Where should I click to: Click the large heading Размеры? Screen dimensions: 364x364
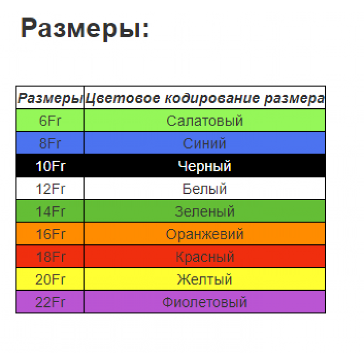click(x=85, y=28)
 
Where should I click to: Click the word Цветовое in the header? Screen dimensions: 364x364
click(x=122, y=98)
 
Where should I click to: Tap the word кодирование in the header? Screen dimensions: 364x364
click(x=212, y=98)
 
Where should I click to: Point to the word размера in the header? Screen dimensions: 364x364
click(x=294, y=98)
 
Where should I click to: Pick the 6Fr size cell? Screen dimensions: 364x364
click(x=50, y=121)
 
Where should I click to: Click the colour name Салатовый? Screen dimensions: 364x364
click(x=204, y=121)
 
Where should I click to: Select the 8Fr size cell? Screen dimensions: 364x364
click(x=50, y=143)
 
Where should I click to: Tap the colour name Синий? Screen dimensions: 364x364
click(x=204, y=143)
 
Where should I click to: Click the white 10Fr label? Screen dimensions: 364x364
click(x=51, y=166)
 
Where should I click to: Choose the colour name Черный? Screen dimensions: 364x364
click(x=204, y=167)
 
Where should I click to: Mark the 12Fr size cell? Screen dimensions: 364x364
click(x=50, y=189)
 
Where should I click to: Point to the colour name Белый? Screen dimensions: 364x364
click(x=204, y=188)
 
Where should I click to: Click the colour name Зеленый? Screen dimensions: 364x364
click(x=204, y=212)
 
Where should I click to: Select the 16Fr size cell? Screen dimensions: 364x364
click(x=50, y=234)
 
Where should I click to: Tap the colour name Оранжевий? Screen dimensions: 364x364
click(x=204, y=234)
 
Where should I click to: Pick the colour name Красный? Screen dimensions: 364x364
click(x=205, y=257)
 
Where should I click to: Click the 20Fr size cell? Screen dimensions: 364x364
click(x=50, y=279)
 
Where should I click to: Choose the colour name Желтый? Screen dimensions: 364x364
click(x=204, y=279)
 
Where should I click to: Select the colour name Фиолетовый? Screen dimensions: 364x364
click(x=204, y=302)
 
